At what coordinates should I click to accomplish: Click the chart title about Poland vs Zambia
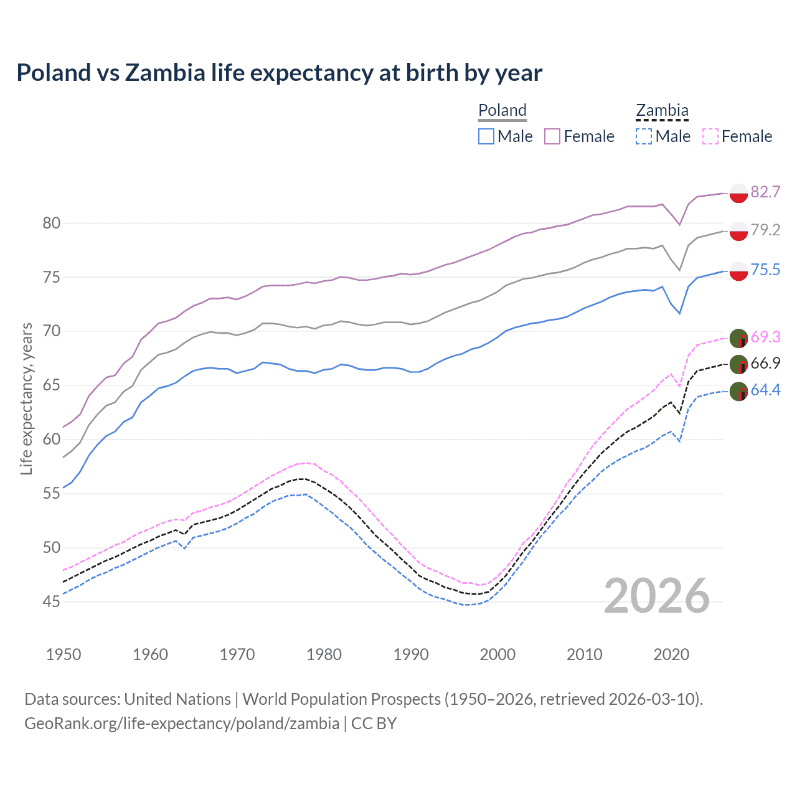click(x=279, y=73)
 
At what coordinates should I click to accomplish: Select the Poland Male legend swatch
click(x=486, y=136)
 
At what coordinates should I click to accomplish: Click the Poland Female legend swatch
click(x=552, y=136)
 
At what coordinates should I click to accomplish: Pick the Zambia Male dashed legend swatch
click(x=644, y=136)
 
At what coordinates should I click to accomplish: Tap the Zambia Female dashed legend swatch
click(x=710, y=136)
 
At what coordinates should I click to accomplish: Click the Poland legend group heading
click(x=502, y=110)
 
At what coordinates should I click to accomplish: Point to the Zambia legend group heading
click(x=662, y=110)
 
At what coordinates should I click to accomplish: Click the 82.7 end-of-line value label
click(x=765, y=192)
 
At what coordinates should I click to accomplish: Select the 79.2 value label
click(x=765, y=230)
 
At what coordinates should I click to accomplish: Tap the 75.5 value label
click(x=765, y=270)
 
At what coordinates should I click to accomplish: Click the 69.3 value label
click(x=765, y=337)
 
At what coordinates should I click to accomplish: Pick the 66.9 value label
click(x=765, y=363)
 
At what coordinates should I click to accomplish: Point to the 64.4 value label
click(x=765, y=390)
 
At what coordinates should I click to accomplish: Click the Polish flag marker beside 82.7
click(x=738, y=193)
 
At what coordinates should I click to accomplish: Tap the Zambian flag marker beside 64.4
click(x=738, y=391)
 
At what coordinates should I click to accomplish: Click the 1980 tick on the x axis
click(x=324, y=654)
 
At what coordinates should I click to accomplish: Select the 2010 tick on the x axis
click(x=584, y=654)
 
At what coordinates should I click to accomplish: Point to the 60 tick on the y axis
click(x=52, y=440)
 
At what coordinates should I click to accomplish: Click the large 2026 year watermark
click(x=656, y=596)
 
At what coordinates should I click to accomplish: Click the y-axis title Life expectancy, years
click(x=26, y=398)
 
